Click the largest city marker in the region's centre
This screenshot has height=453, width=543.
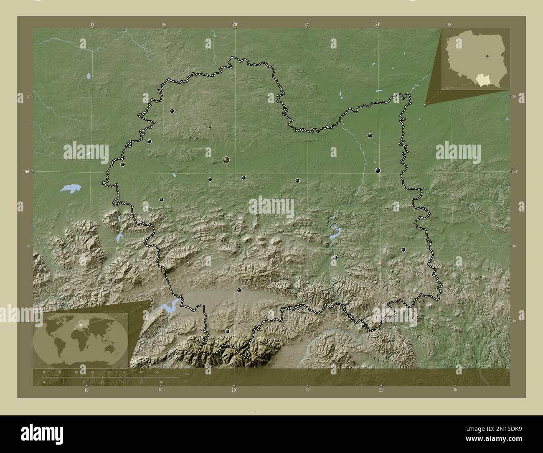click(x=226, y=159)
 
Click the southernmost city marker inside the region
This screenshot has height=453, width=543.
click(x=227, y=331)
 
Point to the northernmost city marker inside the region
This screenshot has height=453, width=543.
click(x=172, y=111)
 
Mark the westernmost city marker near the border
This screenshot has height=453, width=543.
click(x=122, y=164)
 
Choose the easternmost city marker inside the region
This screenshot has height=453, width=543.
click(x=403, y=249)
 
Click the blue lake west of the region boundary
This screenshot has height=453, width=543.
click(x=70, y=188)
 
